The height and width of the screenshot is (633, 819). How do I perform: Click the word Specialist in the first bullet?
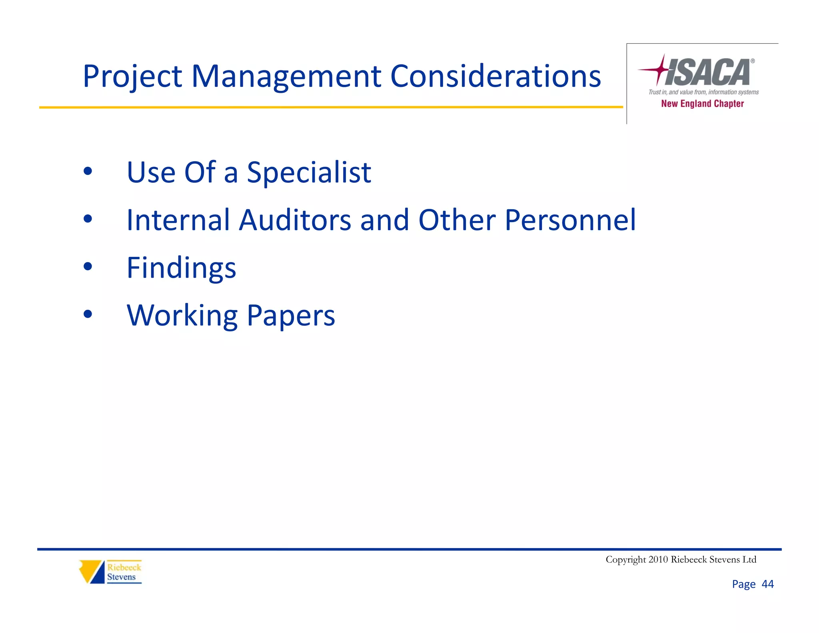click(x=309, y=172)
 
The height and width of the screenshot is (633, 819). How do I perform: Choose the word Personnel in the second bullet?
click(x=570, y=220)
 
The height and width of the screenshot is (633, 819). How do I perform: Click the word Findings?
click(x=181, y=268)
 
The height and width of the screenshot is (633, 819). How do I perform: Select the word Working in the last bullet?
click(x=182, y=316)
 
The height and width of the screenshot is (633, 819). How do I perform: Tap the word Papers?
click(x=291, y=316)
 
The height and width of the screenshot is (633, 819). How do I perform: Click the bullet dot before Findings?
click(x=88, y=266)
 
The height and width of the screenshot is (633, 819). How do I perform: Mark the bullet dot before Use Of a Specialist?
click(x=88, y=171)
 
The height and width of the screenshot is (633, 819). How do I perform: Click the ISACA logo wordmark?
click(x=708, y=72)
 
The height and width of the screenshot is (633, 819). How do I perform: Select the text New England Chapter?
click(x=702, y=104)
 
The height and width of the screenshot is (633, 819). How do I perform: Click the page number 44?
click(x=767, y=584)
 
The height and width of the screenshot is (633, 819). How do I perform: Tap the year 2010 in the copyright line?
click(x=658, y=559)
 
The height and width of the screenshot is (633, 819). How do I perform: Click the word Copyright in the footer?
click(x=625, y=559)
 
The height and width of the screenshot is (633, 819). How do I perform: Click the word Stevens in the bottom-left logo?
click(x=121, y=577)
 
